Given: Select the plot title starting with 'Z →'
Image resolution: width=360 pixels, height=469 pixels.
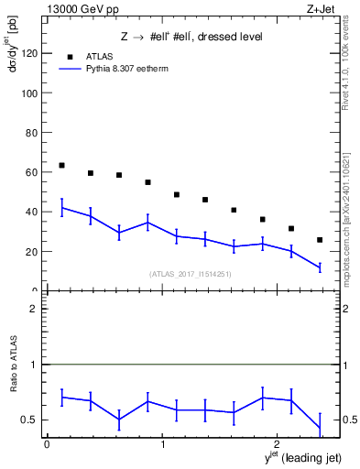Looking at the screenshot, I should [191, 37].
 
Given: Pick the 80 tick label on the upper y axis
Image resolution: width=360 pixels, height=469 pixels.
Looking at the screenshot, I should [31, 133].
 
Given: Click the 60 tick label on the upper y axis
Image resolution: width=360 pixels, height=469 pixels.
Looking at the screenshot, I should [31, 172].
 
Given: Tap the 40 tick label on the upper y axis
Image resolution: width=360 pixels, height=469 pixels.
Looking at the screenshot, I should [31, 212].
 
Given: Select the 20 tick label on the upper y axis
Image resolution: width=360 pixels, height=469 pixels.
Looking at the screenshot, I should [31, 251].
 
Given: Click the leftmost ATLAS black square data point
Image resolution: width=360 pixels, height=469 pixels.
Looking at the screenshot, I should [61, 165].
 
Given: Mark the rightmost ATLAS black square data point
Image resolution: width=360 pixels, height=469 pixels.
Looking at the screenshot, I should [320, 240].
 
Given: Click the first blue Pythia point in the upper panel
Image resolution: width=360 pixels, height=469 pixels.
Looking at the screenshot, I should [61, 208].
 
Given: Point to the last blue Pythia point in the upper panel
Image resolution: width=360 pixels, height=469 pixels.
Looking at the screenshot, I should [320, 267].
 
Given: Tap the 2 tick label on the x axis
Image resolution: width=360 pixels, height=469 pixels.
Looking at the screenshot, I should [277, 445].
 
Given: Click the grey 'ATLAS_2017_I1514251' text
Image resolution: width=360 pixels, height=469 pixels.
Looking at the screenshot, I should [191, 274].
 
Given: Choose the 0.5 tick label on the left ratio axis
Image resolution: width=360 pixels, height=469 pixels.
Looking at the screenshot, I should [29, 420].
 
